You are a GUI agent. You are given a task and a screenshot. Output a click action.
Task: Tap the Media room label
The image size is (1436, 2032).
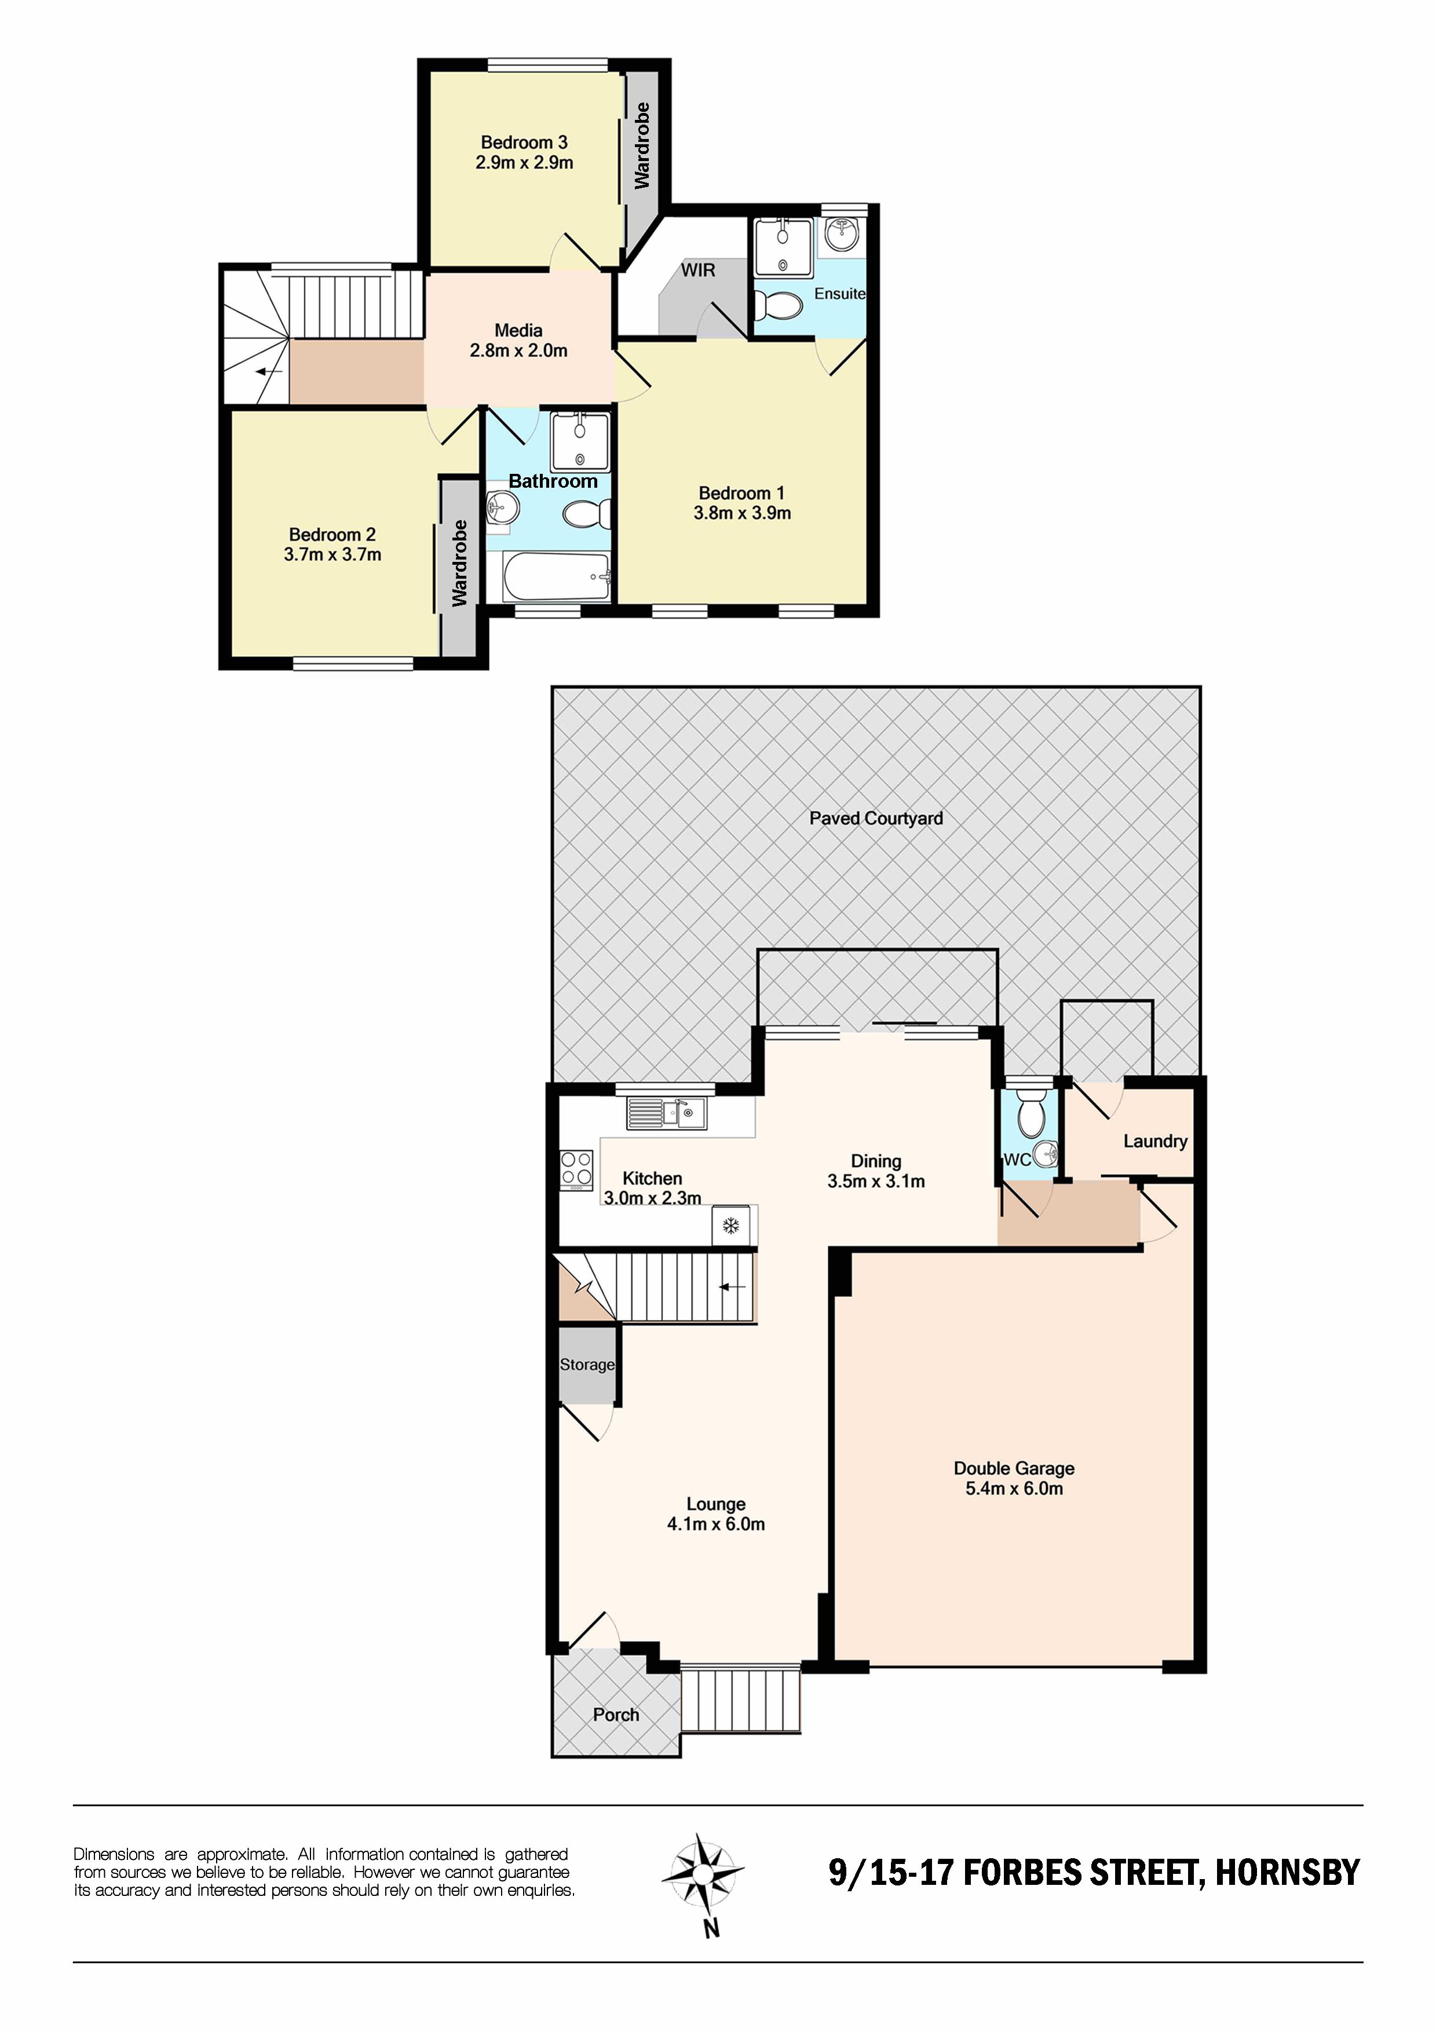pyautogui.click(x=518, y=331)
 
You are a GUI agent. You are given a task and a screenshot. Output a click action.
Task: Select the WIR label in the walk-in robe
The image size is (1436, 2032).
pyautogui.click(x=698, y=270)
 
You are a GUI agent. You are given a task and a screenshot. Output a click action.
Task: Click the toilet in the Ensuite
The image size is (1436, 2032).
pyautogui.click(x=780, y=305)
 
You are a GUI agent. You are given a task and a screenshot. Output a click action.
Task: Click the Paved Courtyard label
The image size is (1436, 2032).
pyautogui.click(x=876, y=818)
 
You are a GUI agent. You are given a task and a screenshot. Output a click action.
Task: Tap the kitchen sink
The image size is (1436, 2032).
pyautogui.click(x=666, y=1113)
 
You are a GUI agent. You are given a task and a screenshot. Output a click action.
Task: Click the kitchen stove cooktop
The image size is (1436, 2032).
pyautogui.click(x=576, y=1170)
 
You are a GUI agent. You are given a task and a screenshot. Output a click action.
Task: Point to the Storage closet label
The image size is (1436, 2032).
pyautogui.click(x=587, y=1365)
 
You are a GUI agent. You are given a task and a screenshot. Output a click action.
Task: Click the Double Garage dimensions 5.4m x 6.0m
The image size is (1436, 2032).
pyautogui.click(x=1014, y=1489)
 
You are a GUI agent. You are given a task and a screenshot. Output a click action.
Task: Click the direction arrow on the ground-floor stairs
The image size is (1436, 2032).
pyautogui.click(x=732, y=1287)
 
